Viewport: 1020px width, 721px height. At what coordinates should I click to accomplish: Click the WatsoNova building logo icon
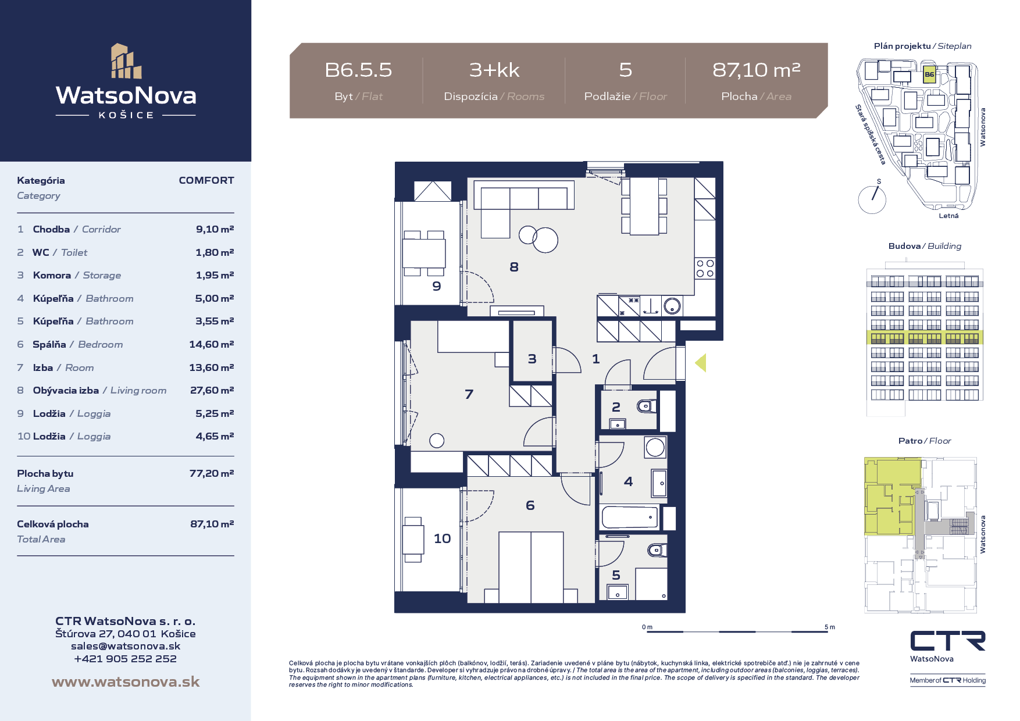click(x=126, y=61)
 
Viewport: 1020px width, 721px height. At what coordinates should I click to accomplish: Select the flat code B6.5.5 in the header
click(x=358, y=70)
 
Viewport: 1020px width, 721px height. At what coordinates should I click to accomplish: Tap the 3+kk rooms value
click(x=494, y=70)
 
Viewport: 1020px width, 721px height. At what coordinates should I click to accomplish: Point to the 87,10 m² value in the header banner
click(x=757, y=70)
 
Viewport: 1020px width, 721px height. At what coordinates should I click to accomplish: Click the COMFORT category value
click(x=206, y=180)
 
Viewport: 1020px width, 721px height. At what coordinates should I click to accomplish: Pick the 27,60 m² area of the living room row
click(x=212, y=390)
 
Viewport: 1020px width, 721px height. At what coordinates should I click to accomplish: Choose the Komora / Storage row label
click(x=77, y=275)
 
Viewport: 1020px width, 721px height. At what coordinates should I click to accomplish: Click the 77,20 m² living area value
click(x=212, y=473)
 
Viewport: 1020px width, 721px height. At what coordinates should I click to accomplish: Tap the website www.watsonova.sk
click(x=126, y=682)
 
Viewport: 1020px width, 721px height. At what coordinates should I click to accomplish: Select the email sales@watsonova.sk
click(x=126, y=646)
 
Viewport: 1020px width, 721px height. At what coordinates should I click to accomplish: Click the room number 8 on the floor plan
click(x=514, y=267)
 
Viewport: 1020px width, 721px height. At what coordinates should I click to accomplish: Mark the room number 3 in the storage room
click(x=532, y=359)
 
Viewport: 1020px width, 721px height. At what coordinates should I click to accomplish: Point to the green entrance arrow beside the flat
click(x=701, y=363)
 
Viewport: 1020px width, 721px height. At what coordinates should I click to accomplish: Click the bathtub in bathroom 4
click(x=630, y=517)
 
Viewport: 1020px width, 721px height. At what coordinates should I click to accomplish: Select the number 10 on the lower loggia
click(x=443, y=538)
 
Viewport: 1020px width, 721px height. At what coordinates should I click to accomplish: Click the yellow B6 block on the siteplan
click(x=929, y=75)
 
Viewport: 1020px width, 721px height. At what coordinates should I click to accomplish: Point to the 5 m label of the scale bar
click(x=830, y=627)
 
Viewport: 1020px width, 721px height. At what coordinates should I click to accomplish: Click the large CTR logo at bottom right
click(x=948, y=641)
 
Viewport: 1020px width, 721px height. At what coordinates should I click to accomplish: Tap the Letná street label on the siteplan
click(x=948, y=216)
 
